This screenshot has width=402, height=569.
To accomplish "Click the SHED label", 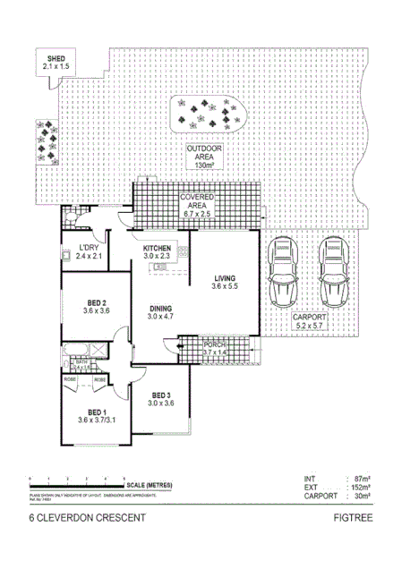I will click(56, 60).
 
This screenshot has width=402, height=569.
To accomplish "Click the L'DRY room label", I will click(88, 248).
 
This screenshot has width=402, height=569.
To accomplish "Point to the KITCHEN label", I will click(157, 248).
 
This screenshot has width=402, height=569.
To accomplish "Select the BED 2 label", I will click(96, 302).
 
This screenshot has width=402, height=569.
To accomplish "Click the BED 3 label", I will click(161, 395).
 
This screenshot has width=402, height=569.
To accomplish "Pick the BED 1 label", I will click(96, 412).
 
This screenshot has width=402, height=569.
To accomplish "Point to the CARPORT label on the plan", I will click(311, 318).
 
